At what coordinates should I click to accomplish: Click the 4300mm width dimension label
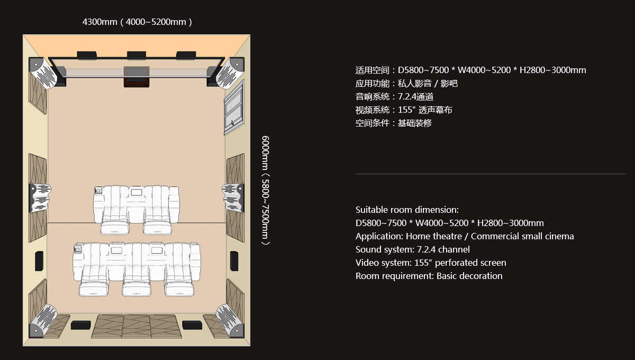coord(137,22)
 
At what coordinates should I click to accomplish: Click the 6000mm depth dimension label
coord(265,191)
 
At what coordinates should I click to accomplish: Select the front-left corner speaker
coord(42,73)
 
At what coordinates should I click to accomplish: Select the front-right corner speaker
coord(231,73)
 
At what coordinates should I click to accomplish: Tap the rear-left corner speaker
coord(43,321)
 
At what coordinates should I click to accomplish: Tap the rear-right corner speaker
coord(230,321)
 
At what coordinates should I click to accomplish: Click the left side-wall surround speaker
coord(40,198)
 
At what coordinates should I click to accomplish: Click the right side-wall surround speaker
coord(233,198)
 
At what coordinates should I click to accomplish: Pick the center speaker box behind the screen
coord(137,77)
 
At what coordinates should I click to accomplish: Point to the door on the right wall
coord(234,108)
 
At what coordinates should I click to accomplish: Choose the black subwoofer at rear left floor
coord(81,325)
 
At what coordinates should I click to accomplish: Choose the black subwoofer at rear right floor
coord(192,325)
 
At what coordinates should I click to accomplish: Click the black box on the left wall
coord(39,261)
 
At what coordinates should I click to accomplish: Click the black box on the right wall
coord(234,261)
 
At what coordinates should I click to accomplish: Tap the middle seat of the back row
coord(137,269)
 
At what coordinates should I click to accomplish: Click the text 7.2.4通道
coord(415,97)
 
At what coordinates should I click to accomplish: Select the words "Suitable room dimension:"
coord(407,210)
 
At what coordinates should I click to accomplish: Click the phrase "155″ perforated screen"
coord(460,263)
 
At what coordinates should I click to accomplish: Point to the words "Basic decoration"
coord(469,276)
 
